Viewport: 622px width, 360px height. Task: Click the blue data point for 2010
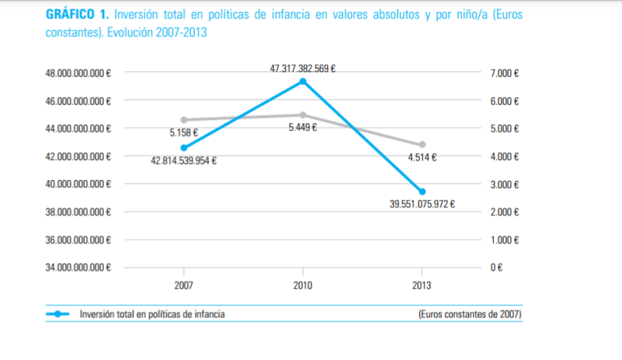coord(303,82)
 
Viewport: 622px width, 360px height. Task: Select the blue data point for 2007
coord(184,147)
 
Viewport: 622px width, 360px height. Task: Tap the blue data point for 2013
coord(422,192)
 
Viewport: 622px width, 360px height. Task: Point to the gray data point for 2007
coord(184,120)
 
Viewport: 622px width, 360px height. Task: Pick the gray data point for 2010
coord(303,115)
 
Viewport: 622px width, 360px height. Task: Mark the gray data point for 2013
coord(422,144)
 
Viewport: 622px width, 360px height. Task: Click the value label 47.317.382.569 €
coord(303,69)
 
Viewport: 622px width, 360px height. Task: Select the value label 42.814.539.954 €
coord(184,161)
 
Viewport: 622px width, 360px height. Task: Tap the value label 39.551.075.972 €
coord(422,205)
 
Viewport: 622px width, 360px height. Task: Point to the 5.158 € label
coord(184,133)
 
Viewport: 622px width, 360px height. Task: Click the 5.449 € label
coord(303,128)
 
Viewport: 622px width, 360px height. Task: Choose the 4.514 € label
coord(422,158)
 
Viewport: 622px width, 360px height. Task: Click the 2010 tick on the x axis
coord(303,285)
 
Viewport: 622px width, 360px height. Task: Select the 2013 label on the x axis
coord(422,285)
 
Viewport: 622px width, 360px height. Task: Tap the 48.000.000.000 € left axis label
coord(78,73)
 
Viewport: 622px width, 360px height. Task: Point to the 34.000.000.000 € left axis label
coord(78,268)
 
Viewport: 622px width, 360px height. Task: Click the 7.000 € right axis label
coord(505,73)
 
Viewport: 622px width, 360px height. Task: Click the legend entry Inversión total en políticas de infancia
coord(151,314)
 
